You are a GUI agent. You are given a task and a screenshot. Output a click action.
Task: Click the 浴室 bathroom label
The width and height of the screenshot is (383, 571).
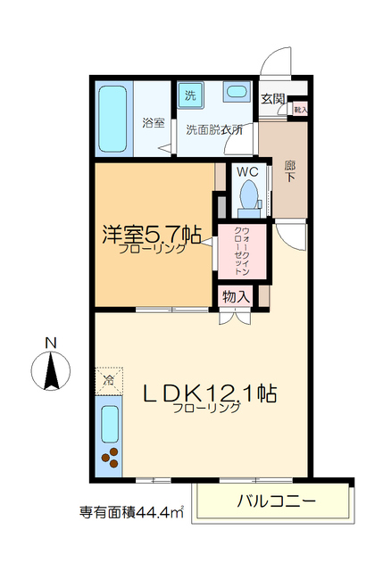point(153,122)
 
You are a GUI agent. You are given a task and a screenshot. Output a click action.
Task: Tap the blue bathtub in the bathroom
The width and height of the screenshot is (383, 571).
point(112,120)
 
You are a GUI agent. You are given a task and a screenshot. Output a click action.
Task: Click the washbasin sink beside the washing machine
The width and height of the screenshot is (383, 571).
point(236,93)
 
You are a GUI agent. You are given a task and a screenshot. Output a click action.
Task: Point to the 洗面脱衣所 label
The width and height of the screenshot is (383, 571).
point(214,129)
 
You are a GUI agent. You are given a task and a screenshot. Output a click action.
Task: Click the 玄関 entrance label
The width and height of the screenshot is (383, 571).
point(272,99)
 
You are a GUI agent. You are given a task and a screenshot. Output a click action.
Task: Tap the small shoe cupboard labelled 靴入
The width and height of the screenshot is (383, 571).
point(300,109)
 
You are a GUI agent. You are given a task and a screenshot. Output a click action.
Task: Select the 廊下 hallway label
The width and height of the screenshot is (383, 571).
point(289,172)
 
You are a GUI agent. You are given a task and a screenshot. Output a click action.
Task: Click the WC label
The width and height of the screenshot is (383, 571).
point(247,172)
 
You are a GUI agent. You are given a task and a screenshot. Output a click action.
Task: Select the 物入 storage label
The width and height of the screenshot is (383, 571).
point(236,295)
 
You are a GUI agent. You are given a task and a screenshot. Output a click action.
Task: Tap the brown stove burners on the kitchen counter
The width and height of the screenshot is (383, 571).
point(111,457)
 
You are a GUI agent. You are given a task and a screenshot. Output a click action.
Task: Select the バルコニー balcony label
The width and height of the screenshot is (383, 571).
point(277,501)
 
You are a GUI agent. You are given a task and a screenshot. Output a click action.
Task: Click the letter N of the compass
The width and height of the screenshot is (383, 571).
point(52,343)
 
